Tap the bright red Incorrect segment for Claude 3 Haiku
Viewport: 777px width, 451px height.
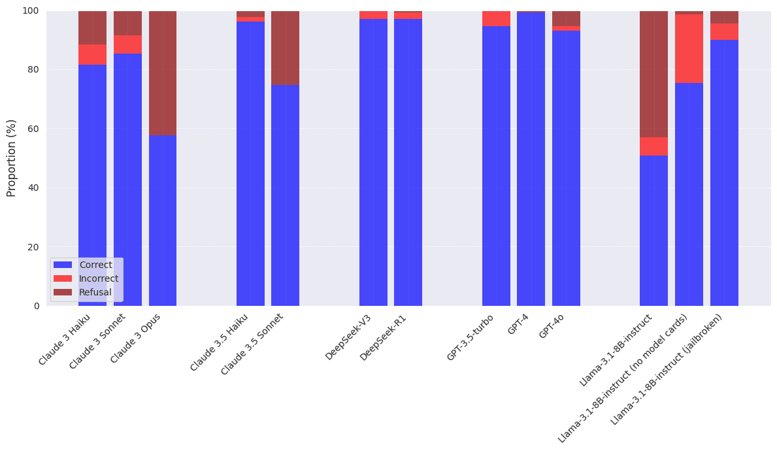(x=92, y=54)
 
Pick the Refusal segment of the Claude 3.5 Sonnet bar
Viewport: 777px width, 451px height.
(x=285, y=48)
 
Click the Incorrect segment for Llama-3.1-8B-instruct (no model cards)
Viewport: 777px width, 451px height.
(x=689, y=48)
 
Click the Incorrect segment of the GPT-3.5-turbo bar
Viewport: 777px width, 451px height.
(x=496, y=18)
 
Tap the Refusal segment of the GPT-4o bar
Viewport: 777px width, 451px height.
(x=566, y=18)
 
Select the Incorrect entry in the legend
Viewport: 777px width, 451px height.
(x=99, y=278)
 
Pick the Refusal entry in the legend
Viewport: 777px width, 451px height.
(x=95, y=292)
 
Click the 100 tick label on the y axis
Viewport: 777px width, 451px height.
(x=30, y=11)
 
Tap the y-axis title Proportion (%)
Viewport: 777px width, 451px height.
(x=12, y=158)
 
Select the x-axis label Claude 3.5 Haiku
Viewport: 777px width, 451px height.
(x=220, y=342)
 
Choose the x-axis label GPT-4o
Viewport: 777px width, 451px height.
(x=552, y=326)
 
